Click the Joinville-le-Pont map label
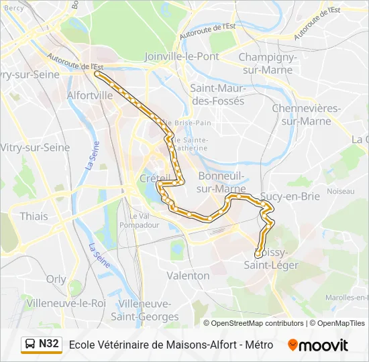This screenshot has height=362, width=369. (182, 56)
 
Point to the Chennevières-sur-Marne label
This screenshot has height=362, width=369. (307, 115)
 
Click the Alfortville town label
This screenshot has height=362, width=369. (90, 95)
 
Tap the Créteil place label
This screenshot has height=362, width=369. (152, 178)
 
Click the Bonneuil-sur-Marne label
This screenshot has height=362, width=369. (222, 182)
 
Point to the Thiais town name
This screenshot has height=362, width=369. (34, 216)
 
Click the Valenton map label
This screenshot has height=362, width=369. (188, 276)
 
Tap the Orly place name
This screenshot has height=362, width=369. (56, 279)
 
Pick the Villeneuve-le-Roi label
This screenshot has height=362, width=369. (66, 303)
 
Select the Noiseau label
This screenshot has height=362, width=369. (340, 191)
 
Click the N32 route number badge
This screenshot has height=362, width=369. (49, 344)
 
